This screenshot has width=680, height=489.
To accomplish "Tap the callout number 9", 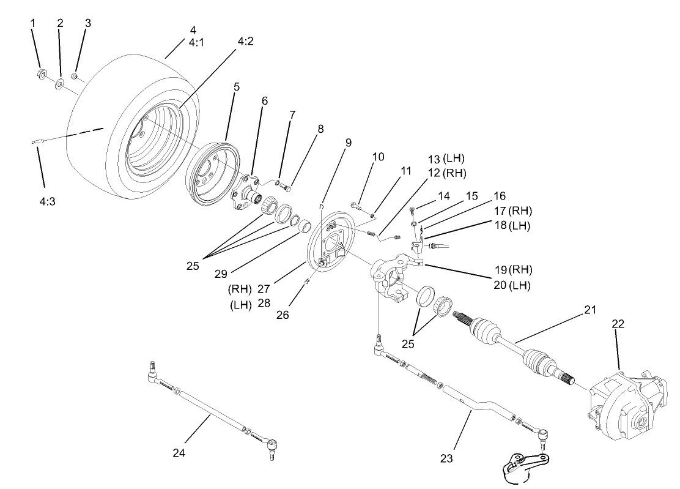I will (x=348, y=143).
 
